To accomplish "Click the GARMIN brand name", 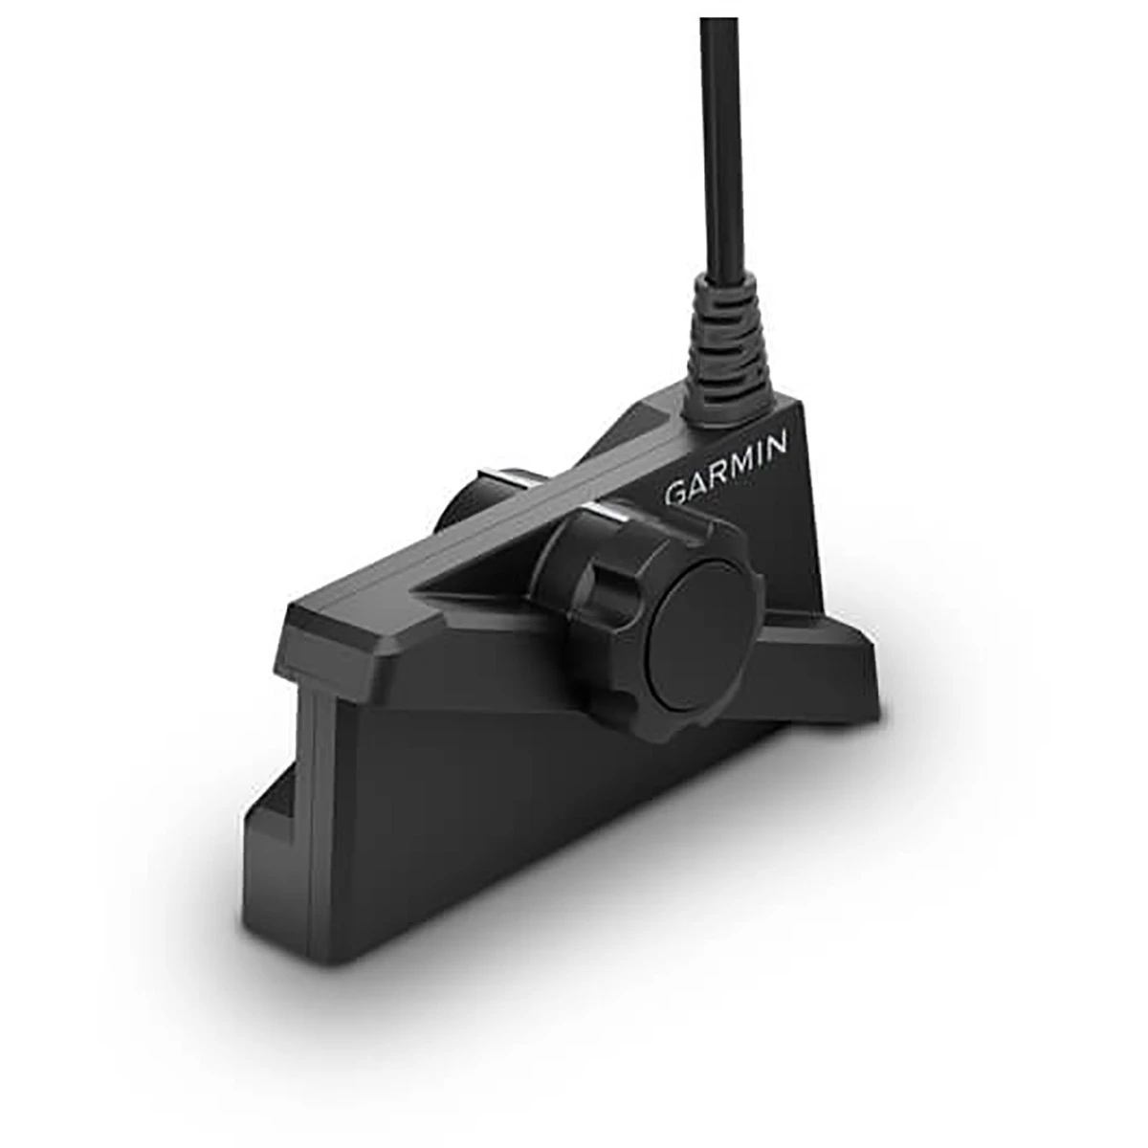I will click(x=726, y=469).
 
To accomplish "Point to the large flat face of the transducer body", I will click(x=497, y=813).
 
